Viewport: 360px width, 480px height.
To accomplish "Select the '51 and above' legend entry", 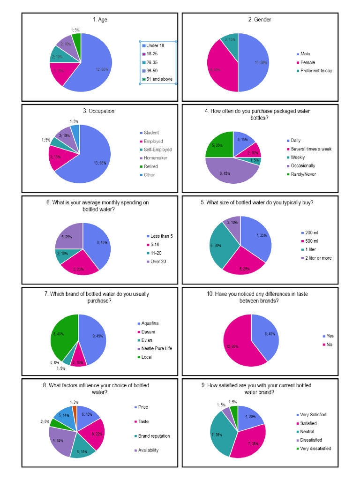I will tap(159, 79).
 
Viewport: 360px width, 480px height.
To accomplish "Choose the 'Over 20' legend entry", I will tap(157, 261).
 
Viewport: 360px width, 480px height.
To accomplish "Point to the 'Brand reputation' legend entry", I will tap(154, 436).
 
